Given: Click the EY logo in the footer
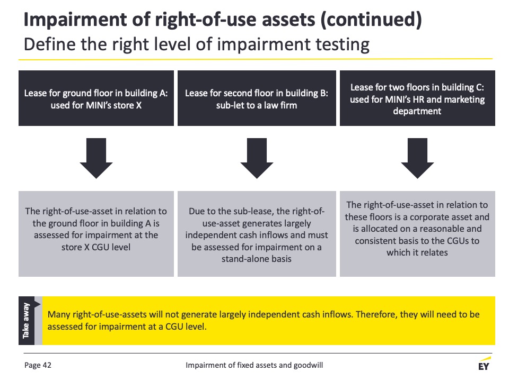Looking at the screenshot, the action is (x=484, y=364).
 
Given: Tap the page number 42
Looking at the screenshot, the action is (x=47, y=365).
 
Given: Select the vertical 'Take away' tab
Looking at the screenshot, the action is (x=27, y=321).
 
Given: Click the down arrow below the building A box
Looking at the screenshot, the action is (x=96, y=158).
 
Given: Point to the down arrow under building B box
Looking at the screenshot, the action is (x=257, y=158).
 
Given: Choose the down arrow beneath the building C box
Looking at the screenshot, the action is (x=417, y=158).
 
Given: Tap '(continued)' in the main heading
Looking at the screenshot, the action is (x=371, y=20).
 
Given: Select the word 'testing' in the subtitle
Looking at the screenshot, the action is (x=343, y=44).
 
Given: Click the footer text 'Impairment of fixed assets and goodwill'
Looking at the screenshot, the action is (x=254, y=365).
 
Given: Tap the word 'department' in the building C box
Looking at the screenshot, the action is (x=417, y=111).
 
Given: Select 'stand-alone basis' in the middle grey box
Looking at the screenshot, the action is (x=257, y=259).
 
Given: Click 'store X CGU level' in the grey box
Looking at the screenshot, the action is (x=96, y=247).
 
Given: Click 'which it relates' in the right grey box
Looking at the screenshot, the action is (x=417, y=253).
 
